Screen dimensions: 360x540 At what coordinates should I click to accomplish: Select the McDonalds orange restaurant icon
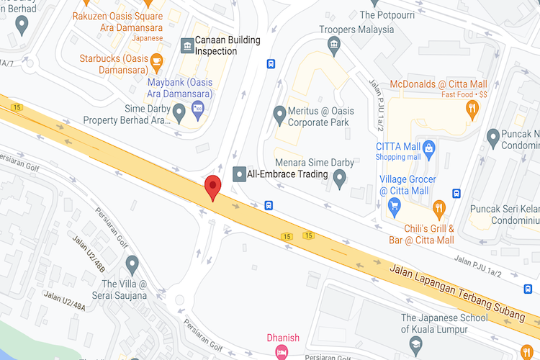coord(472,109)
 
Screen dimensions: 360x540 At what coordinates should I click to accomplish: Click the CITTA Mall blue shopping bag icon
coord(429,150)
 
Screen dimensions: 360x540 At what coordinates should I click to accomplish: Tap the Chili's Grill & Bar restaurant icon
coord(438,209)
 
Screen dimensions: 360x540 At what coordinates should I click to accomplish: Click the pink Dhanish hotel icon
coord(282,351)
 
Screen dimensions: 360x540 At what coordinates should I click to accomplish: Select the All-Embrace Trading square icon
coord(239,174)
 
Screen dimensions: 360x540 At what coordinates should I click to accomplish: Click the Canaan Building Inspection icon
coord(187,46)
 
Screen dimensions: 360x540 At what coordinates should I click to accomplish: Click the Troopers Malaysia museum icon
coord(334,45)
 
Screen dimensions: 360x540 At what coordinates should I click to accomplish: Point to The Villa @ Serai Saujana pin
coord(132,264)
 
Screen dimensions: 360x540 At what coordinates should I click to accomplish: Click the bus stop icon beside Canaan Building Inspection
coord(271,63)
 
